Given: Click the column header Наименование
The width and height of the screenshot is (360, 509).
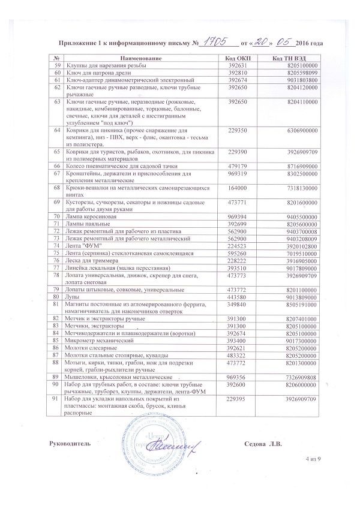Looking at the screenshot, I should pos(140,58).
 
